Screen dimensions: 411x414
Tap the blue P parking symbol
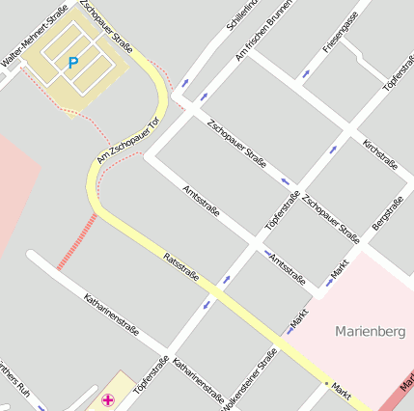click(72, 64)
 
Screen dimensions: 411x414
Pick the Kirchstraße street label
click(379, 151)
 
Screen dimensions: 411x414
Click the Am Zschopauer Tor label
click(125, 142)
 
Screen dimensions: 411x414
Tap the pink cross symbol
click(106, 398)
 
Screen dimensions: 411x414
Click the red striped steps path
click(77, 242)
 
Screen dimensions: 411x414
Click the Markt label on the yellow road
click(340, 389)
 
